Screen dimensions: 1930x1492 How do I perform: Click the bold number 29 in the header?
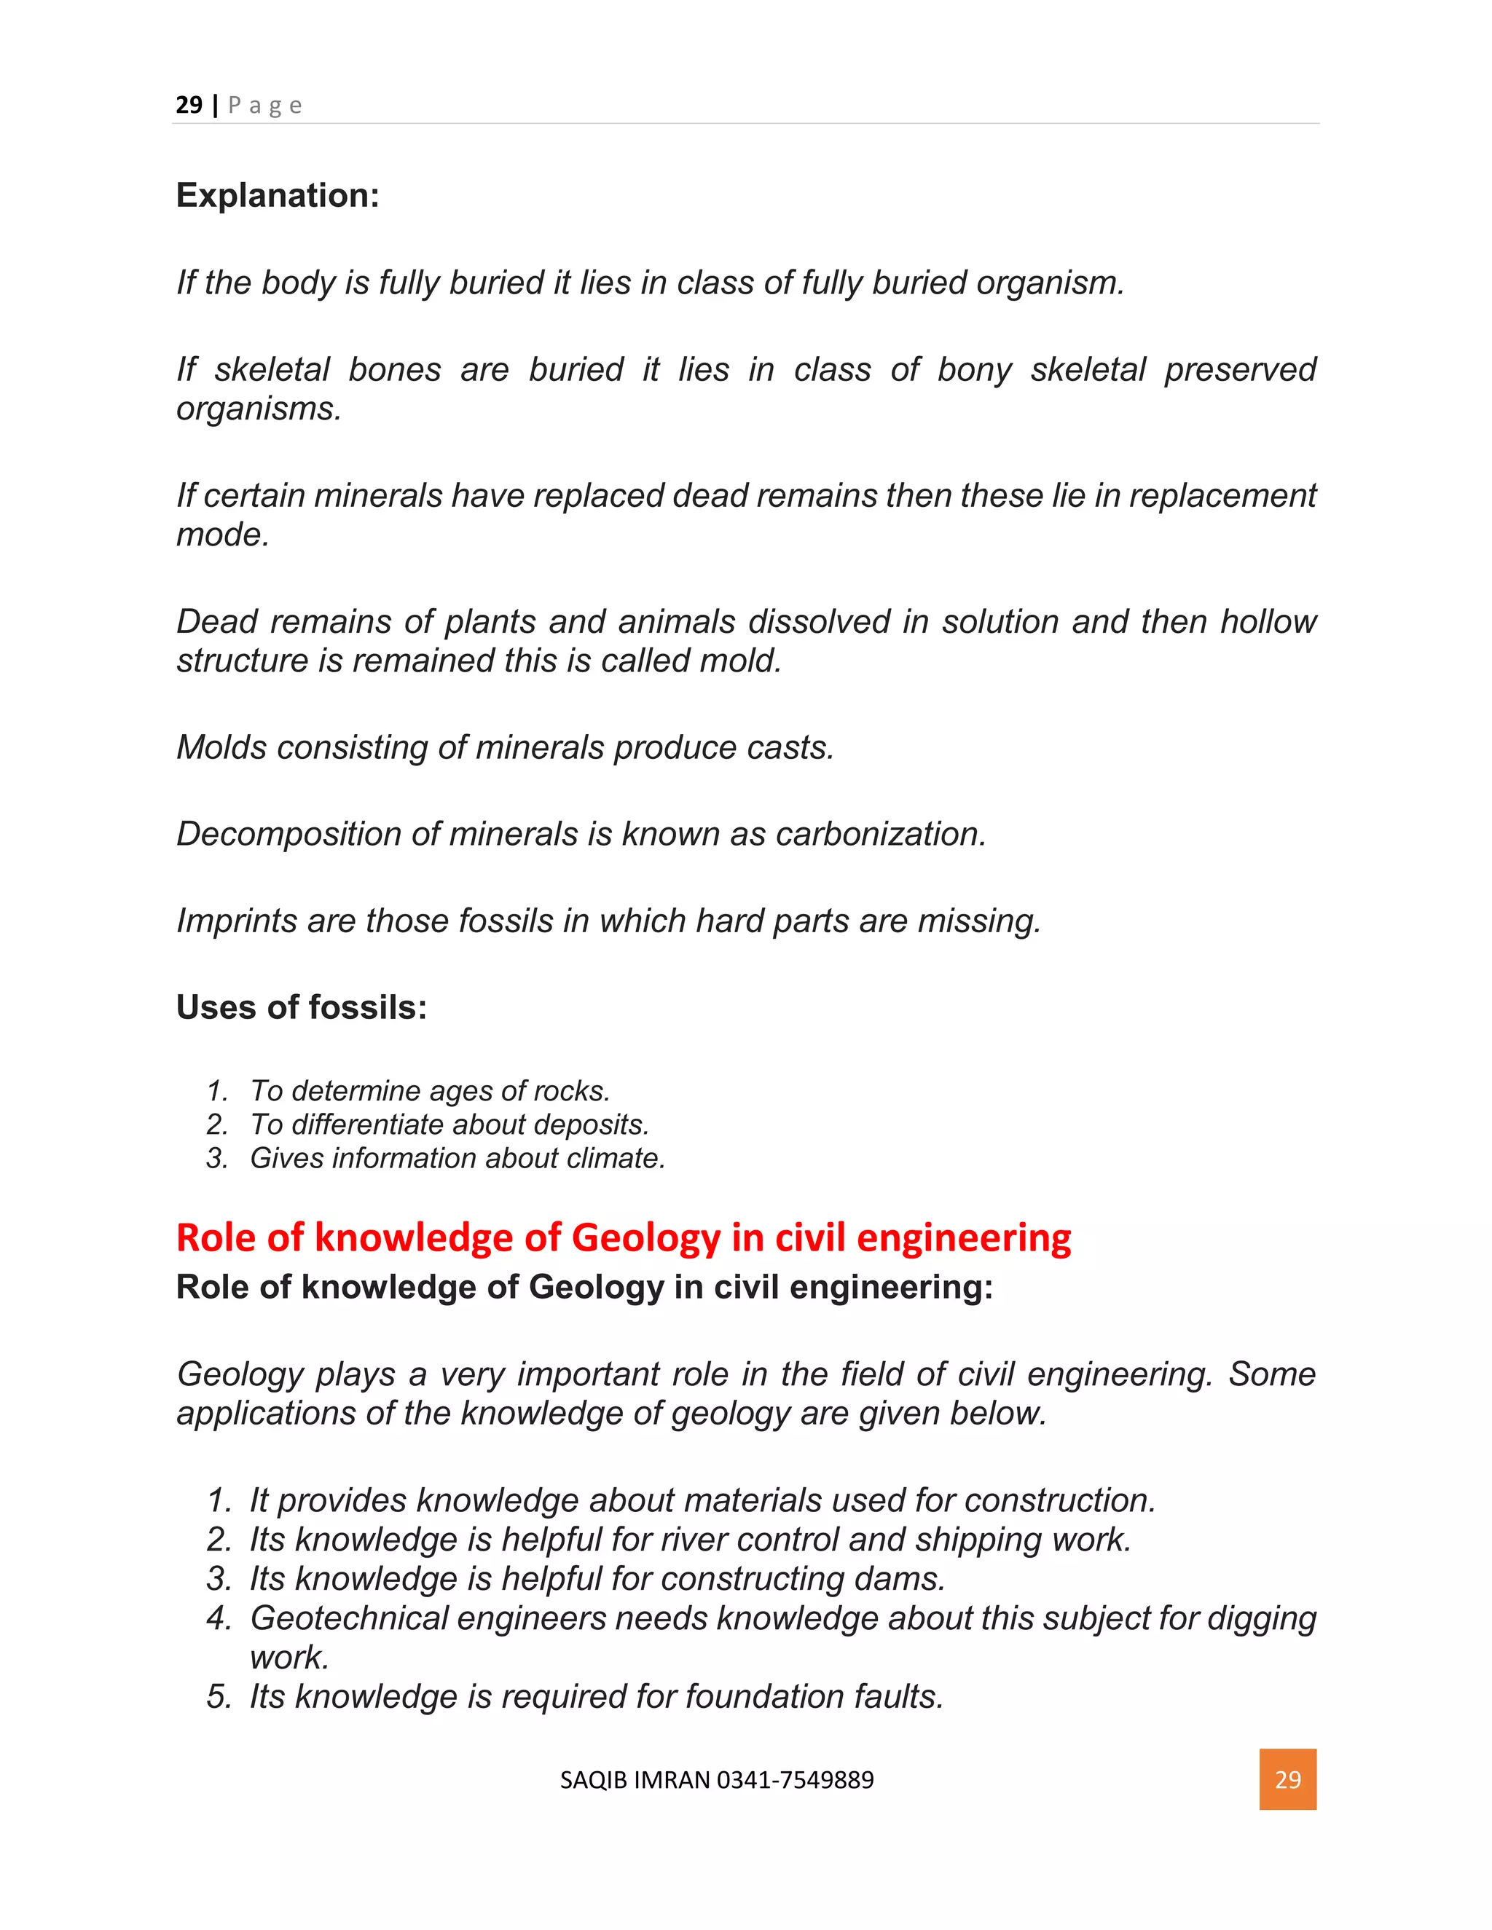click(x=189, y=105)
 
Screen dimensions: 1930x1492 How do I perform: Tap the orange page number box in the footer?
click(x=1287, y=1779)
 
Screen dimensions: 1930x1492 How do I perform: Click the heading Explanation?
click(x=278, y=195)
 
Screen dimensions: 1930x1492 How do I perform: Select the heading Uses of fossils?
click(x=302, y=1007)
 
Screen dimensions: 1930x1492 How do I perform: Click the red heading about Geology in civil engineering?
click(x=623, y=1237)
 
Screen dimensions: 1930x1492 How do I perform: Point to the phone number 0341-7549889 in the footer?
click(x=795, y=1780)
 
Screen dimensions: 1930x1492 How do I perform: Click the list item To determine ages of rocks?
click(x=430, y=1092)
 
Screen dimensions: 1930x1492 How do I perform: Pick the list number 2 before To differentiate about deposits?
click(x=216, y=1125)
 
